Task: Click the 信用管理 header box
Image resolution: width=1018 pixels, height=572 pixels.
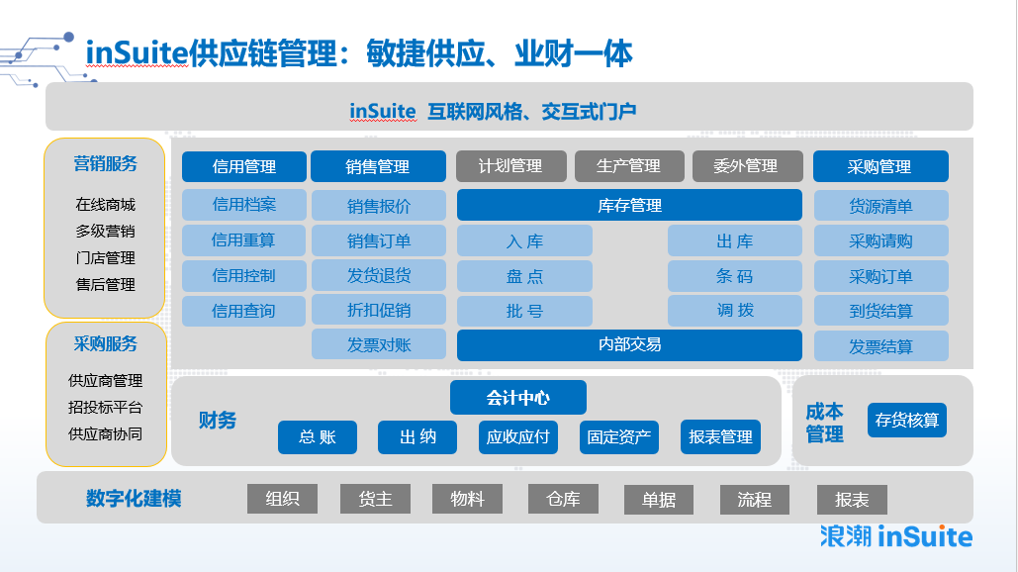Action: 244,167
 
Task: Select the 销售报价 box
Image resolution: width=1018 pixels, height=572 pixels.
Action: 379,206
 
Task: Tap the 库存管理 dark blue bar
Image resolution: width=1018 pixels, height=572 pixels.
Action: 629,205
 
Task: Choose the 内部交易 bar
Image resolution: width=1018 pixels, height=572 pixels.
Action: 629,344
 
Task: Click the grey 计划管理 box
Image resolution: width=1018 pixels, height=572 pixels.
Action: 510,166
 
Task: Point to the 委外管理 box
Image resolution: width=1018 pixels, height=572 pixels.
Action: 747,166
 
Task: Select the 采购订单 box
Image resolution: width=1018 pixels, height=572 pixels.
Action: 881,276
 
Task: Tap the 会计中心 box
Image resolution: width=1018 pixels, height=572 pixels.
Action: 518,398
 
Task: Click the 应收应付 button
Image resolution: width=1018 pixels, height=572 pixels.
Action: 518,437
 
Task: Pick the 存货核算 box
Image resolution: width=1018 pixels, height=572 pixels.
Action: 907,420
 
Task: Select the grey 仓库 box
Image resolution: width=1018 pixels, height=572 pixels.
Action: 563,500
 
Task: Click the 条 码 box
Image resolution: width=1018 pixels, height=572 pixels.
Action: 734,276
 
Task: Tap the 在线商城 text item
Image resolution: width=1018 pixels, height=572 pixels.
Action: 105,205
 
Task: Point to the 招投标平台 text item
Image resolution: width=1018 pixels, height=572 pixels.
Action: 105,407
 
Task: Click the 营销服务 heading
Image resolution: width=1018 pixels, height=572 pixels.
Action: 105,163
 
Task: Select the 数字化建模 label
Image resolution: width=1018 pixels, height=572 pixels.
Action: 134,499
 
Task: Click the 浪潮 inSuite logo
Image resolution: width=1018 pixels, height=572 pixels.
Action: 896,537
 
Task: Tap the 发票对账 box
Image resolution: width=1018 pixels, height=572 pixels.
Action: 379,344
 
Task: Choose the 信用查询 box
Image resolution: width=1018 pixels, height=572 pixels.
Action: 243,311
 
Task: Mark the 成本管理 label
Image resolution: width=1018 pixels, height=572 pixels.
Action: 824,423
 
